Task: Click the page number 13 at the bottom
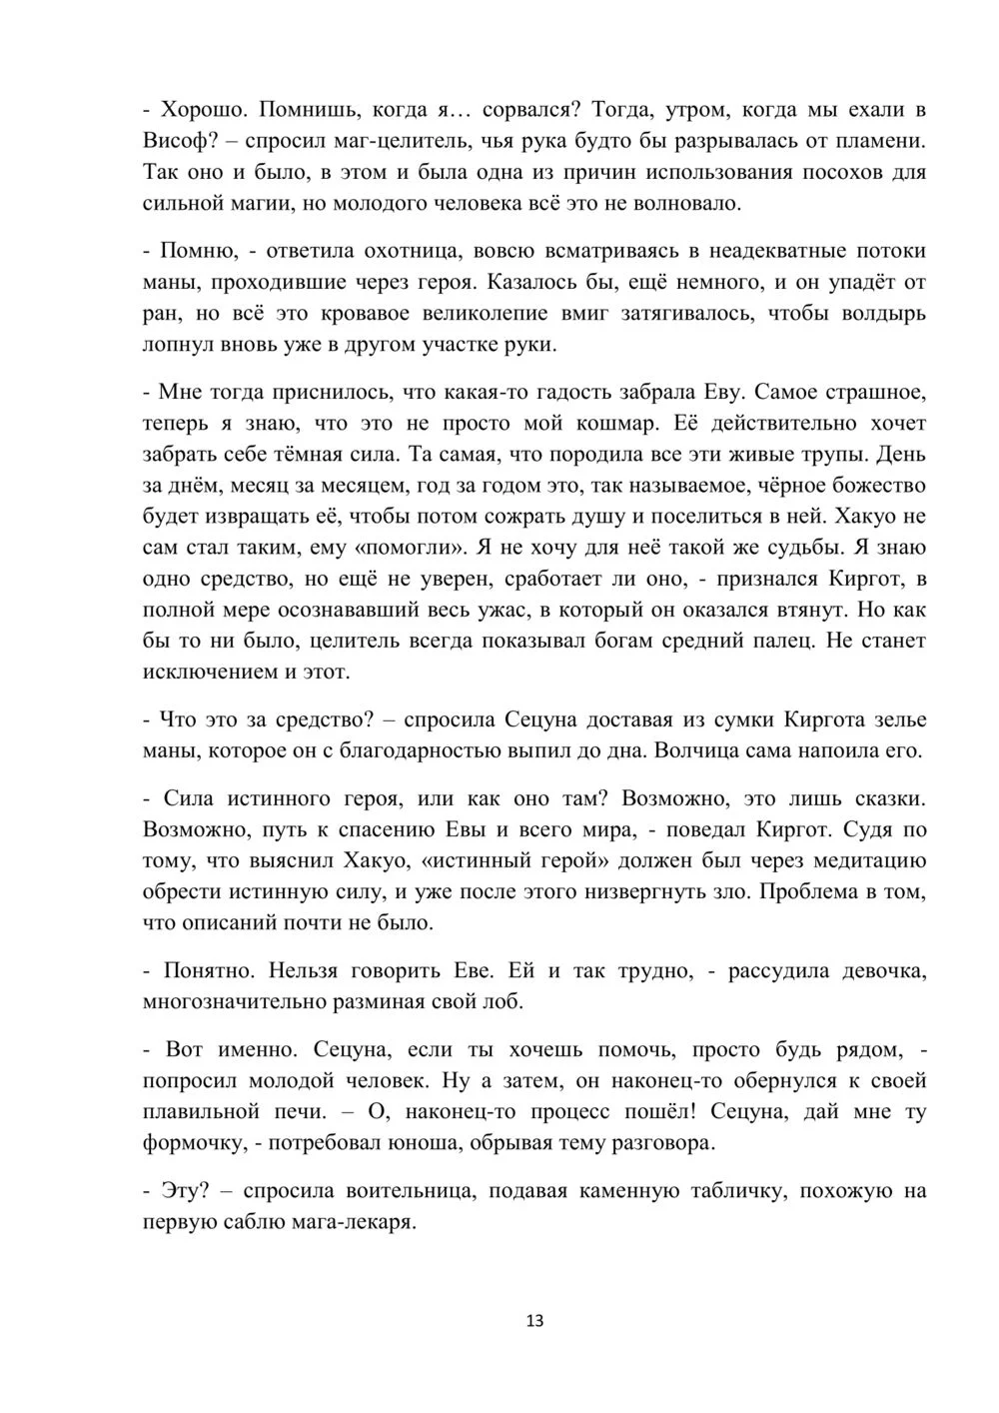click(x=533, y=1320)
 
